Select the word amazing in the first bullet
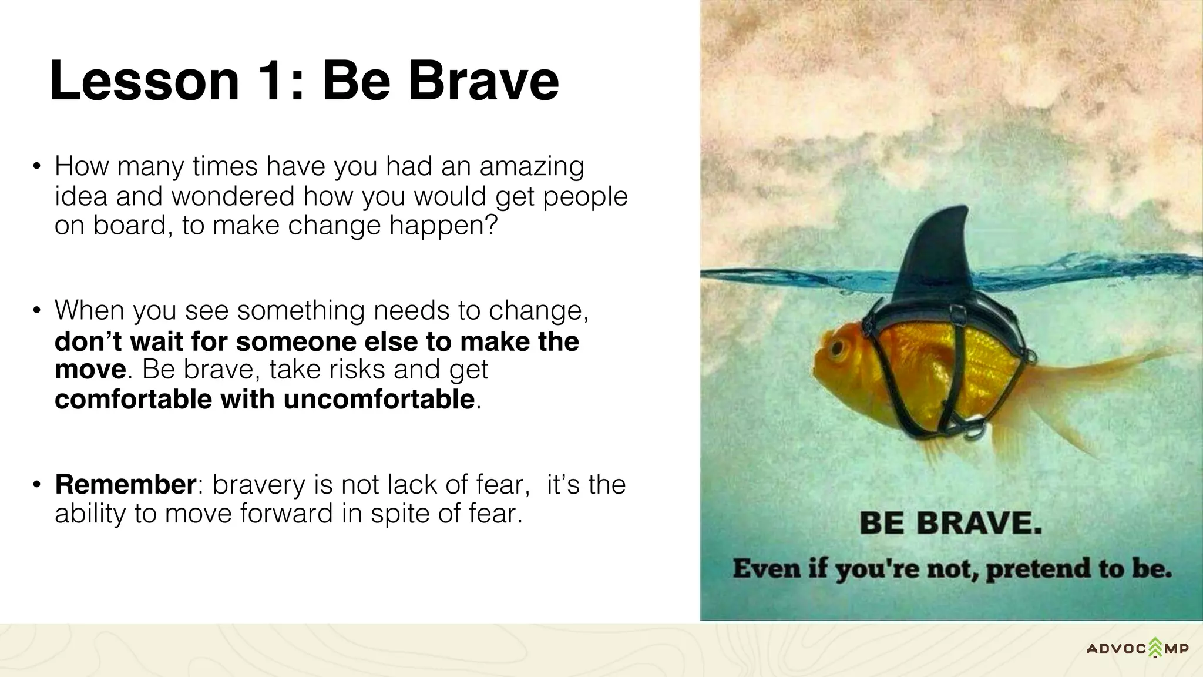click(x=532, y=167)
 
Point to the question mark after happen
click(x=490, y=225)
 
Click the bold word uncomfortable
click(x=379, y=400)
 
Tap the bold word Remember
click(x=125, y=485)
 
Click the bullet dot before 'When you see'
click(x=37, y=310)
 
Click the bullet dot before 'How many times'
click(x=37, y=167)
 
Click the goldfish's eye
click(x=838, y=351)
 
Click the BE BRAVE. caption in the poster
click(x=950, y=522)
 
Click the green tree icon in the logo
click(x=1155, y=647)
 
